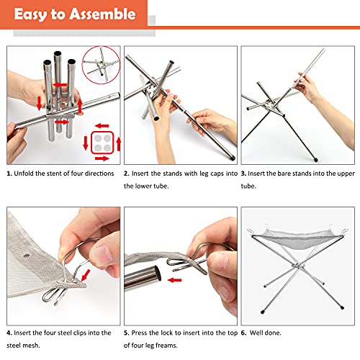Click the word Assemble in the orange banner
103,14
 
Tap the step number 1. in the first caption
9,174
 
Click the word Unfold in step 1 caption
24,174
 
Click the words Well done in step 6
265,333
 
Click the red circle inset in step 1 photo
101,65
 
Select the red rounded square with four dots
102,143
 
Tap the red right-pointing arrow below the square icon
102,158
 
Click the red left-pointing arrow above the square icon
102,126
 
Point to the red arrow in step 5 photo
175,280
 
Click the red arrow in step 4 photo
86,275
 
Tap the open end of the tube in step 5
157,274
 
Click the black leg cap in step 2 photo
233,158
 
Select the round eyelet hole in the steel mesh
26,256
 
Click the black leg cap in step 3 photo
316,160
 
